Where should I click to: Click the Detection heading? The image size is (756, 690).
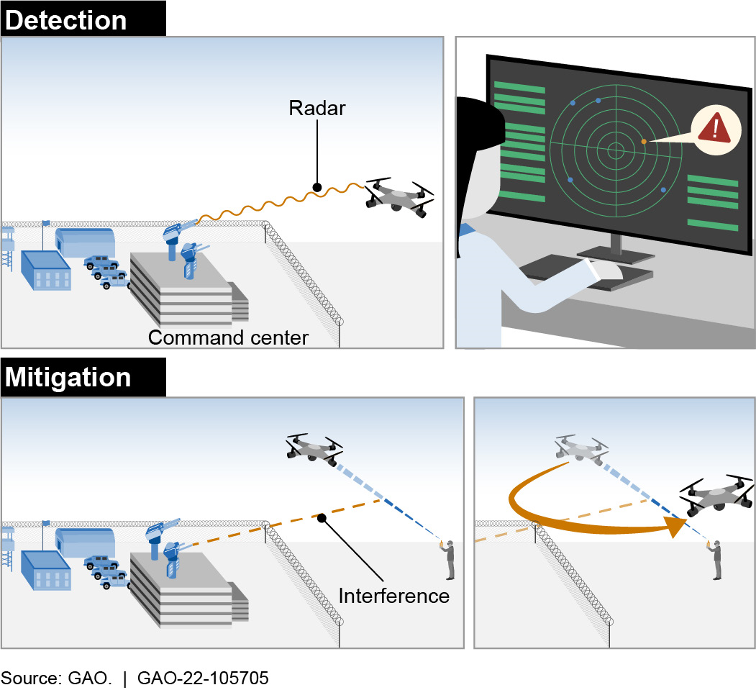tap(66, 19)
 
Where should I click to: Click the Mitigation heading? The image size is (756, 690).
tap(69, 378)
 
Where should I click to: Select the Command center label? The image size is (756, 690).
tap(228, 337)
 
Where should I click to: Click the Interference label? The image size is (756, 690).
tap(394, 596)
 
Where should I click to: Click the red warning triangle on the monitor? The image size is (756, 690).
tap(714, 129)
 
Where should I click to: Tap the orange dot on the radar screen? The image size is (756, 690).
tap(644, 142)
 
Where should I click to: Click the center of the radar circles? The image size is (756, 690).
tap(615, 150)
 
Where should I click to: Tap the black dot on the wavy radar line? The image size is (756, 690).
tap(316, 188)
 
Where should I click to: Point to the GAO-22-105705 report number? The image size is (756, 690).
tap(202, 677)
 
